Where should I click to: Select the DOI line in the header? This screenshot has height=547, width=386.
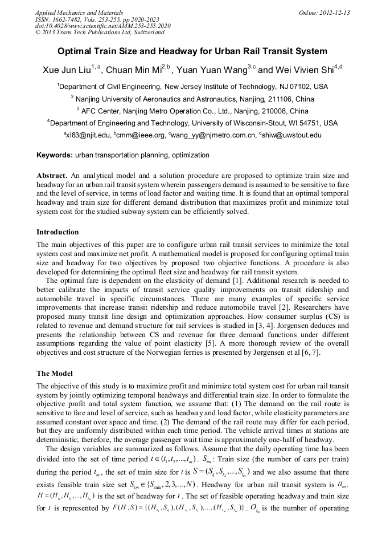(x=102, y=26)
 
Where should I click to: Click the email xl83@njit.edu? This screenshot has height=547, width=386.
(x=88, y=135)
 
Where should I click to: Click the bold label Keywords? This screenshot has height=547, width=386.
(x=55, y=155)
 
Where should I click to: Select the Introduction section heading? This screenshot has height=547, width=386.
(x=58, y=232)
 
